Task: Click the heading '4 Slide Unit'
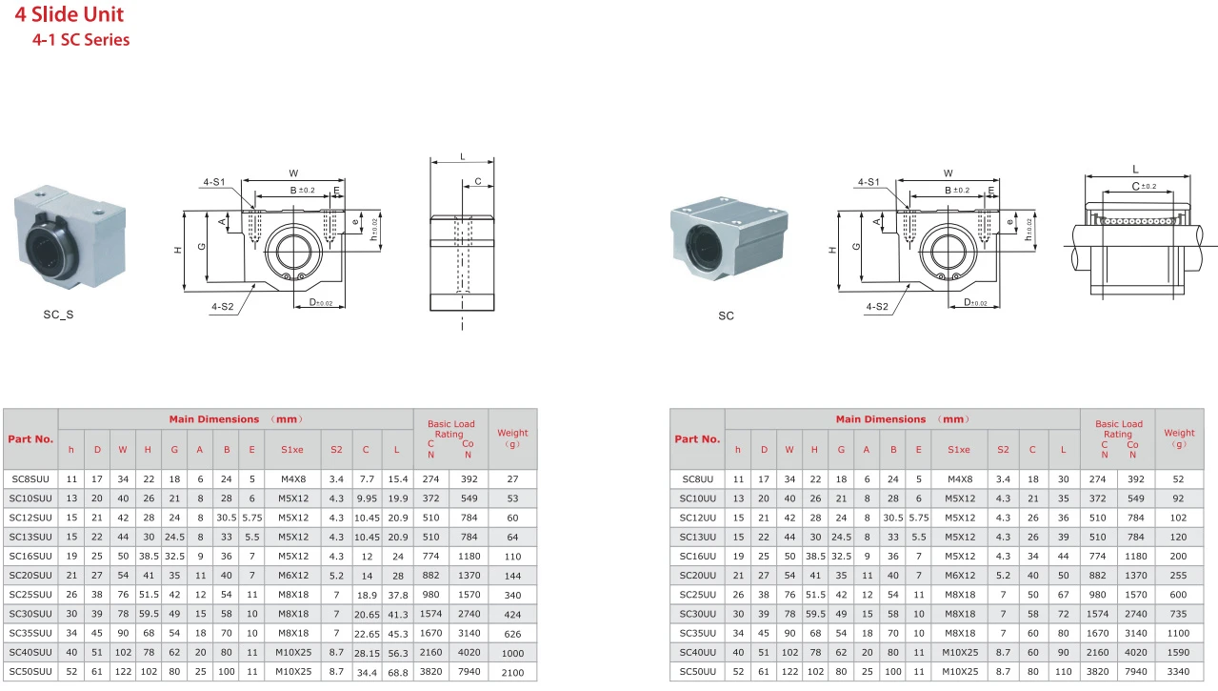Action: click(x=70, y=14)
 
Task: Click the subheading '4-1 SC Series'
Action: click(x=81, y=40)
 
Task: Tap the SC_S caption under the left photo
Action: click(x=58, y=315)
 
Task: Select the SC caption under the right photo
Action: click(x=726, y=315)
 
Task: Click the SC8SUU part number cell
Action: click(x=30, y=478)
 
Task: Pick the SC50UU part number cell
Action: click(x=698, y=671)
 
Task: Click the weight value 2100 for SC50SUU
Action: click(x=512, y=673)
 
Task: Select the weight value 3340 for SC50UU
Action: click(x=1178, y=671)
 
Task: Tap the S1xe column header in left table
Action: click(x=292, y=450)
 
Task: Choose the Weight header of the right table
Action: click(x=1179, y=438)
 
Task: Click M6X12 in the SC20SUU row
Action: click(x=293, y=575)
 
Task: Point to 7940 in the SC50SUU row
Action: click(x=469, y=671)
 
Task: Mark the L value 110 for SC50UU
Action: click(x=1063, y=671)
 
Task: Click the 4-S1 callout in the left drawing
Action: click(x=213, y=182)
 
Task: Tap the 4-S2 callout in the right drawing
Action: click(x=876, y=307)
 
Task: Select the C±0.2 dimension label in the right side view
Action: click(x=1144, y=186)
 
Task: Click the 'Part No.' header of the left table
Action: click(x=30, y=439)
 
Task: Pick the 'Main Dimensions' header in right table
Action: click(x=880, y=419)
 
